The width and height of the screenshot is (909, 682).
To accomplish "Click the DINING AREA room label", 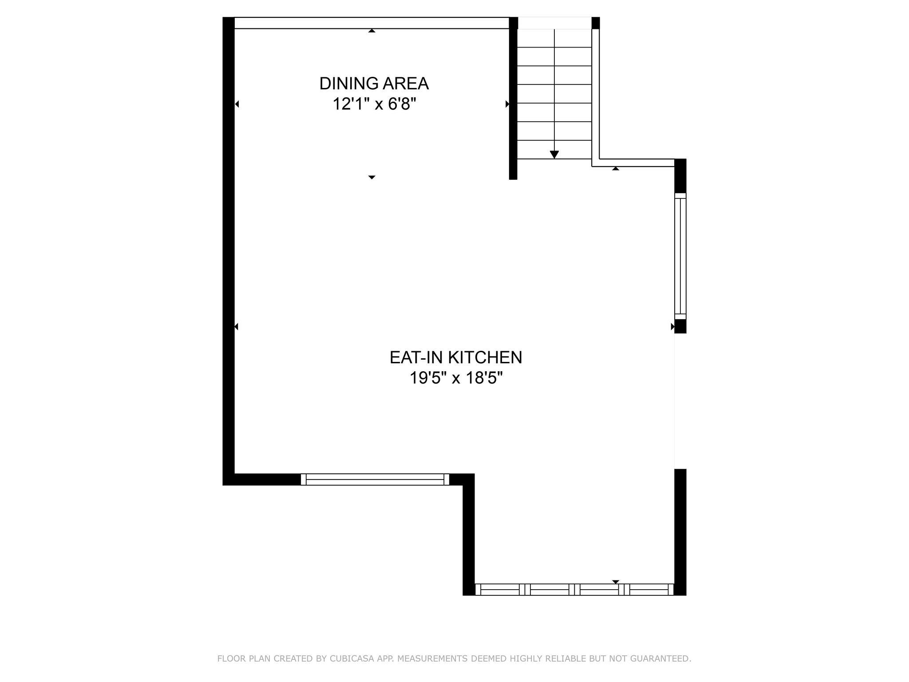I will tap(374, 83).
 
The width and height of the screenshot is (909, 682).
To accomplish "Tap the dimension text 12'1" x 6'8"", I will tap(374, 105).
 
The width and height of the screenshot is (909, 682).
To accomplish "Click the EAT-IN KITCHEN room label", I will tap(455, 357).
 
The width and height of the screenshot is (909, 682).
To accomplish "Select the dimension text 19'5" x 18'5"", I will tap(455, 379).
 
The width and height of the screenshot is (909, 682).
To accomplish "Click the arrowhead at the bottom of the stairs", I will tap(554, 154).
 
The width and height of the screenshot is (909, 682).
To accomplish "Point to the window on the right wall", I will tap(680, 256).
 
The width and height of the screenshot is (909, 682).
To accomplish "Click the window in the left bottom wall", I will tap(375, 480).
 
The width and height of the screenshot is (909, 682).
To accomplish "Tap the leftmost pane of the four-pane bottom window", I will tap(500, 590).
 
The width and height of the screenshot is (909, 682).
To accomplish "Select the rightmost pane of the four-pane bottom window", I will tap(649, 590).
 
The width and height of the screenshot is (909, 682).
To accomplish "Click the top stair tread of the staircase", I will tap(554, 38).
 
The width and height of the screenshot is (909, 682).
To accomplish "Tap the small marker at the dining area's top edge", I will tap(372, 31).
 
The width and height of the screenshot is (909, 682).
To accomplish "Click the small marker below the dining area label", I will tap(372, 177).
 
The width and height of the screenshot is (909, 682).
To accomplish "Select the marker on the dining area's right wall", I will tap(507, 104).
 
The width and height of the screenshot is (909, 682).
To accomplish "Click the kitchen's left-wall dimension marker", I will tap(236, 327).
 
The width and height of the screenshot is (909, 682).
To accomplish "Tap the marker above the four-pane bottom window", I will tap(615, 582).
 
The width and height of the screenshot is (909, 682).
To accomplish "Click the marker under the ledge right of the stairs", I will tap(615, 169).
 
